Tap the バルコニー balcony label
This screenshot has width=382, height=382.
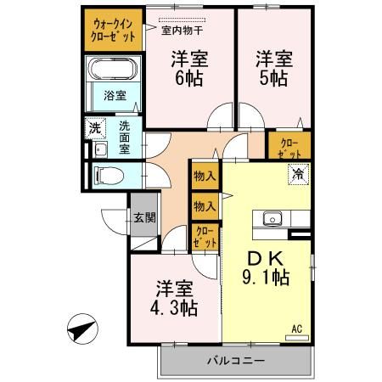[236, 361]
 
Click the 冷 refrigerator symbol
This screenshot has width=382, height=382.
[298, 175]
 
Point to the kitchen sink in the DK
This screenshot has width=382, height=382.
[273, 216]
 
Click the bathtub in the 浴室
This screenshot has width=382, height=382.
[114, 72]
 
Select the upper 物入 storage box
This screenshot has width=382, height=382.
[204, 177]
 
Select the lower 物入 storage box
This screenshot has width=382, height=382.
[204, 205]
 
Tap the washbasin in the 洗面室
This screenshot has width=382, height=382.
[99, 149]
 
